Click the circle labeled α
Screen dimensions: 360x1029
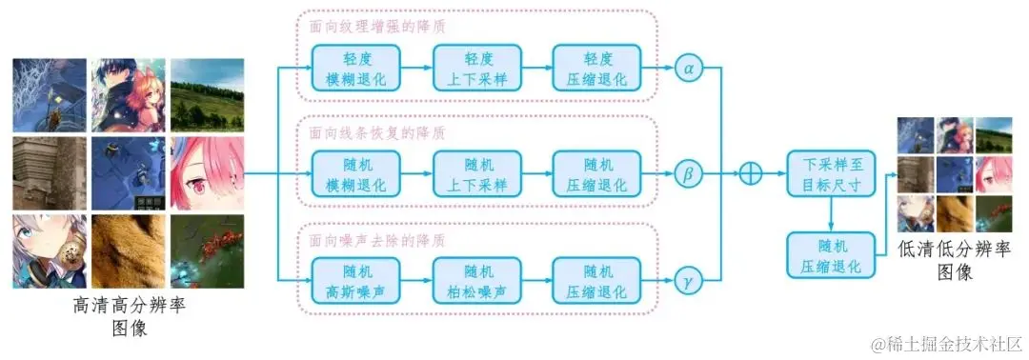coord(687,69)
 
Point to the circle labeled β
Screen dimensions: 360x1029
coord(687,175)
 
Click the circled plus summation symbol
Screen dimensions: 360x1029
coord(752,175)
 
